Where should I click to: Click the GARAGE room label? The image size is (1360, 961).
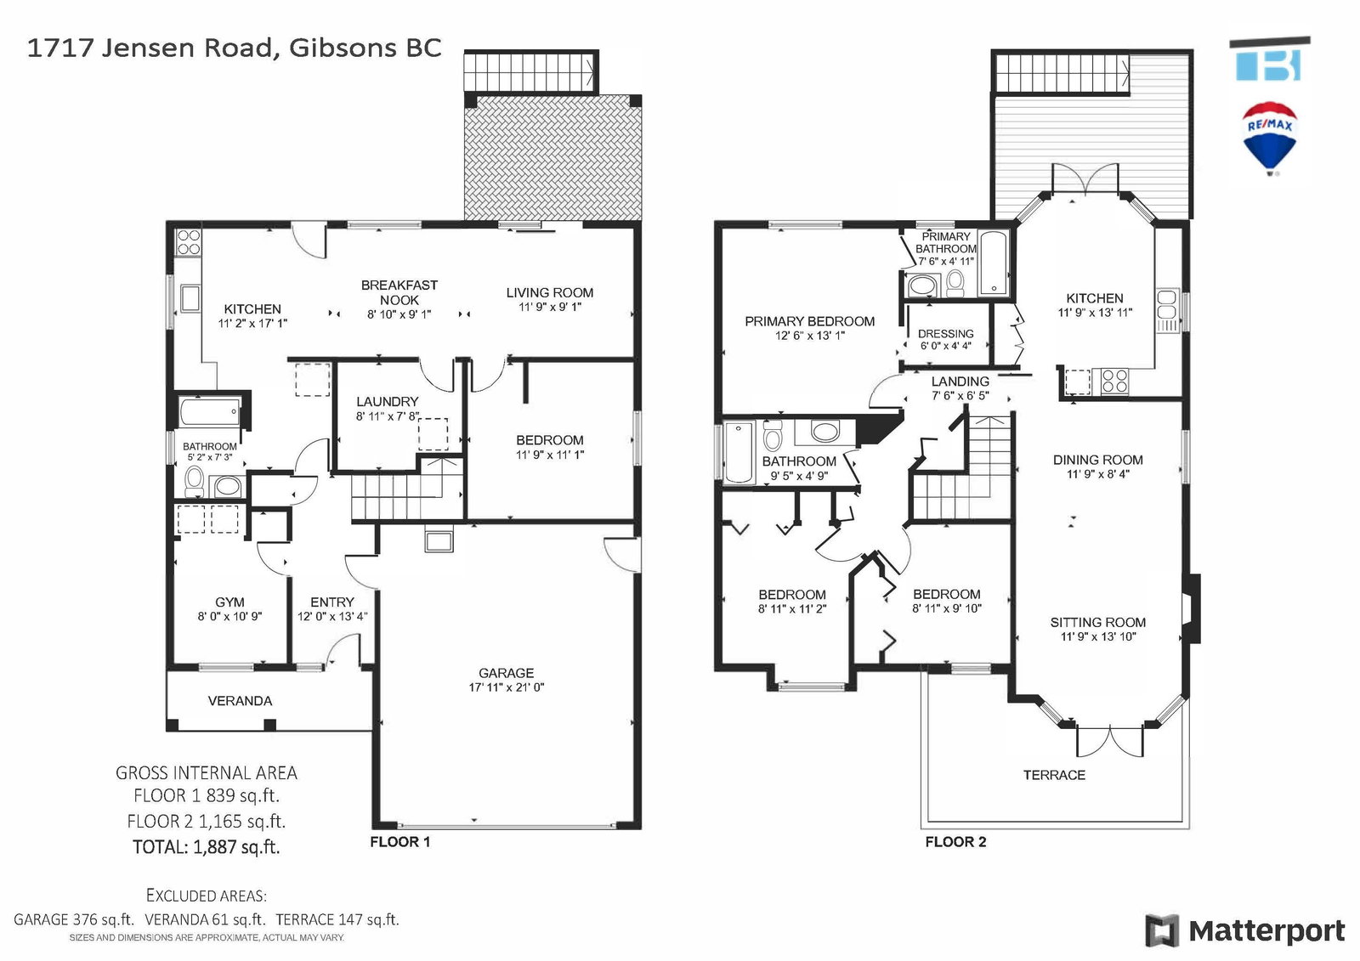tap(506, 673)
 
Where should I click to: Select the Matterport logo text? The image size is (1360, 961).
tap(1266, 930)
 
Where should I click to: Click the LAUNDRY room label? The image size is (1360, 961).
tap(388, 401)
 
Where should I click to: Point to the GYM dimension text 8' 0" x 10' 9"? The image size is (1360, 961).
tap(229, 616)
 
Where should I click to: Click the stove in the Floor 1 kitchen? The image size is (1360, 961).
tap(189, 242)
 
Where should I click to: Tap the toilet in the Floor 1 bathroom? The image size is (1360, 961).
tap(195, 481)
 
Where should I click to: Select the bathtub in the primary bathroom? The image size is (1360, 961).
tap(994, 263)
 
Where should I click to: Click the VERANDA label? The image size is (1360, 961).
tap(240, 700)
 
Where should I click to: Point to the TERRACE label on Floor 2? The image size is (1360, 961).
tap(1054, 775)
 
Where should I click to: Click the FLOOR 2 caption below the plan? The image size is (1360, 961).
tap(955, 841)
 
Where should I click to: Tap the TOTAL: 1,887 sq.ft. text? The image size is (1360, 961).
tap(207, 846)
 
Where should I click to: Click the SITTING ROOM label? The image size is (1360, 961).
tap(1097, 622)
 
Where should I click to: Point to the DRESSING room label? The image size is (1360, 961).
tap(945, 333)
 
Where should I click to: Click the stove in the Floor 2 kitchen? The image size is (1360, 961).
tap(1114, 382)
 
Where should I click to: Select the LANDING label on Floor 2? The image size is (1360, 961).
tap(960, 382)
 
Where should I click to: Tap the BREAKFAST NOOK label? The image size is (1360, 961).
tap(399, 292)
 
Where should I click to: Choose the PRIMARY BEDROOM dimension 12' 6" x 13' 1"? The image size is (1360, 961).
tap(810, 336)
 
